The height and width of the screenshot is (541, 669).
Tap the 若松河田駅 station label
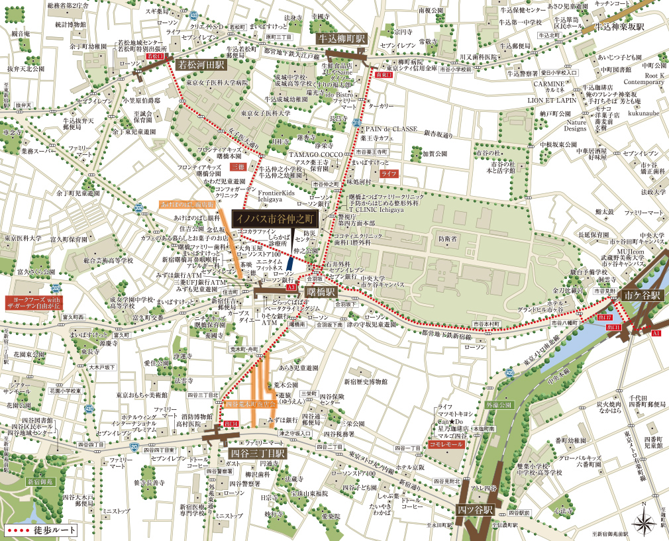tap(201, 65)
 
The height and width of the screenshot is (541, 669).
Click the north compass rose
tap(644, 521)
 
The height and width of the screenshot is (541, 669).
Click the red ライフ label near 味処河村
tap(389, 173)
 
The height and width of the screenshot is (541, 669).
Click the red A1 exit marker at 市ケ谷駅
tap(656, 334)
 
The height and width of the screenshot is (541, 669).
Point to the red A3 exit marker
tap(291, 288)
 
